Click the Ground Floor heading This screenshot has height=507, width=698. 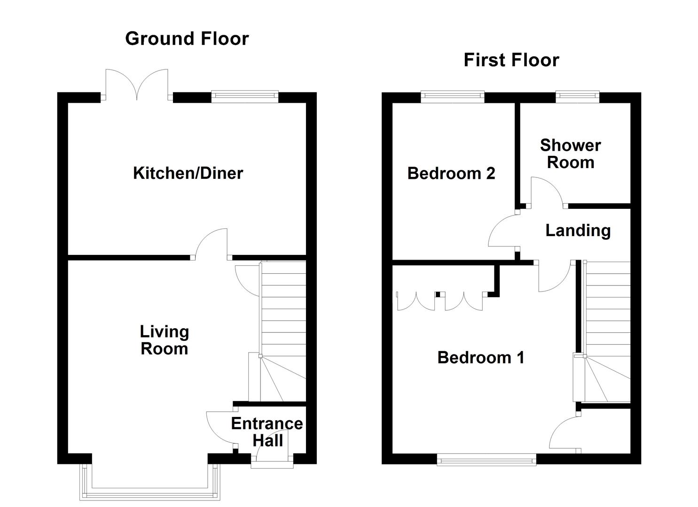point(187,38)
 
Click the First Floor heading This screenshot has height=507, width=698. point(511,60)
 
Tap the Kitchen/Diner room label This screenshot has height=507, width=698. point(188,173)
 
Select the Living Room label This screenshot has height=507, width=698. point(164,340)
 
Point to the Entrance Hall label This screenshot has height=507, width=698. point(267,432)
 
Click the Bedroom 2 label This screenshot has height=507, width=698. point(451,174)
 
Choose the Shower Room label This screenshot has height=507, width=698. point(570,154)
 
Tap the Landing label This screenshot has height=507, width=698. point(578,230)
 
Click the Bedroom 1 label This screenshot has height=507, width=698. point(480,358)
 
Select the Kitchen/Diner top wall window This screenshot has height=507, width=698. point(244,97)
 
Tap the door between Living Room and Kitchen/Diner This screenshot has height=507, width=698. point(212,244)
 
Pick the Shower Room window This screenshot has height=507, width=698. point(577,97)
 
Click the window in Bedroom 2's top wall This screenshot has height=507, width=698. point(452,97)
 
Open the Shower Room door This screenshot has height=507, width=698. point(547,192)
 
